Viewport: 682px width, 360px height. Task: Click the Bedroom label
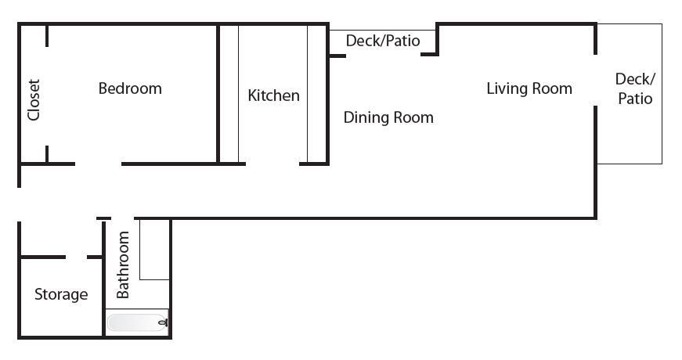[x=130, y=88]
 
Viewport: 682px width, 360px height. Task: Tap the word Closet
[x=34, y=99]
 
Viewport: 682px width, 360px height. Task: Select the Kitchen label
[x=273, y=95]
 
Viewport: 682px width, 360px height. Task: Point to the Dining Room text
[x=388, y=117]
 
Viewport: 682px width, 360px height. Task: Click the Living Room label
[x=529, y=88]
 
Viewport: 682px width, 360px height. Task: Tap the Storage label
[x=61, y=294]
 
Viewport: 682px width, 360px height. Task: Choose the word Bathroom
[x=123, y=265]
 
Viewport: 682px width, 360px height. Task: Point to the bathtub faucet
[x=164, y=322]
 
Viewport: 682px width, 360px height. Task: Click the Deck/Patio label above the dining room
[x=383, y=41]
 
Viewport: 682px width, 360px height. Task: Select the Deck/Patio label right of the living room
[x=635, y=88]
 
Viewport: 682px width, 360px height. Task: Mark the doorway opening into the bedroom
[x=99, y=164]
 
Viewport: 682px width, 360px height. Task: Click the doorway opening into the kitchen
[x=272, y=164]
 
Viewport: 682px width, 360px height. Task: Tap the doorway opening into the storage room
[x=77, y=257]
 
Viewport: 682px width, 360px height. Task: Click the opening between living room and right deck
[x=595, y=81]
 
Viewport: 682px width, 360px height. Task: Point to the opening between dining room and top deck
[x=384, y=56]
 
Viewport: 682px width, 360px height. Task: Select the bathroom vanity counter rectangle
[x=154, y=250]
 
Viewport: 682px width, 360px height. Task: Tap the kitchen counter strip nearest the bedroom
[x=229, y=93]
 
